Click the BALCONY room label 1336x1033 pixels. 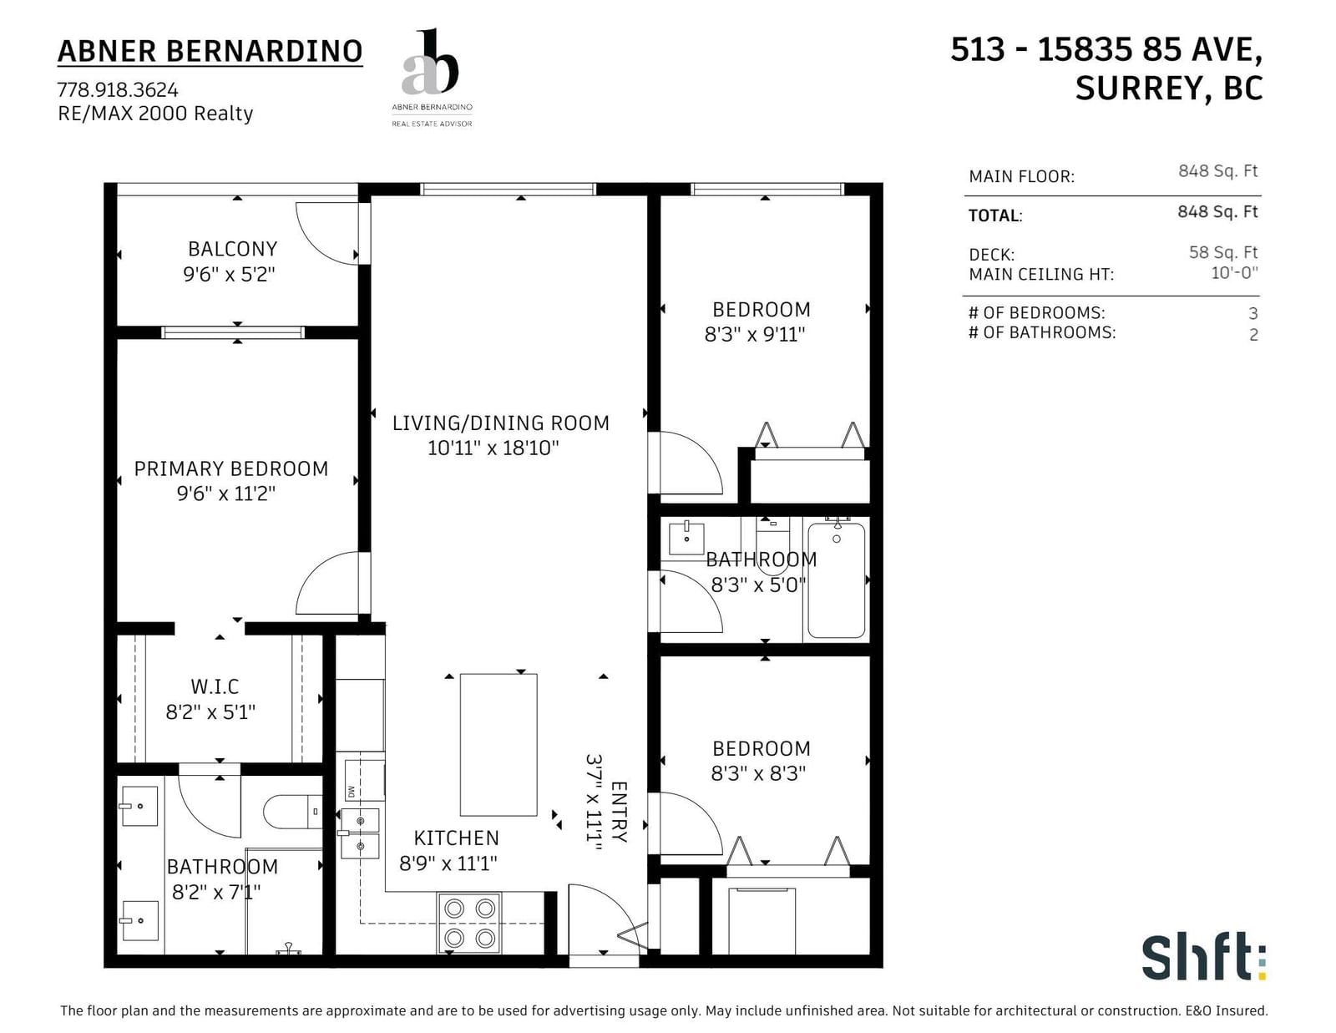232,249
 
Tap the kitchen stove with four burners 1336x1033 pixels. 469,923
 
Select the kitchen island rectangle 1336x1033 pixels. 498,745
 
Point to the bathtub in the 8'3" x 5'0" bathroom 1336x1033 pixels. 836,580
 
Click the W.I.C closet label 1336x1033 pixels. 215,686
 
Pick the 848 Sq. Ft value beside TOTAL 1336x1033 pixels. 1217,211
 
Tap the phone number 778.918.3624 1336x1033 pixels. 118,90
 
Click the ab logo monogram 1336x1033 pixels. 430,62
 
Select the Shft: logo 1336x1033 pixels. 1204,957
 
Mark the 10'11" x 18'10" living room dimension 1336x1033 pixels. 493,448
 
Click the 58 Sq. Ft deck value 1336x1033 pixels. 1223,252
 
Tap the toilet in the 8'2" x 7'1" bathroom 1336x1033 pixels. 292,812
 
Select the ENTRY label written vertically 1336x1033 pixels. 619,812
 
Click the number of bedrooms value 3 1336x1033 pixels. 1253,314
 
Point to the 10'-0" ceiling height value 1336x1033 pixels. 1235,272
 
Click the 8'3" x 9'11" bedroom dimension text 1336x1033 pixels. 755,335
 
